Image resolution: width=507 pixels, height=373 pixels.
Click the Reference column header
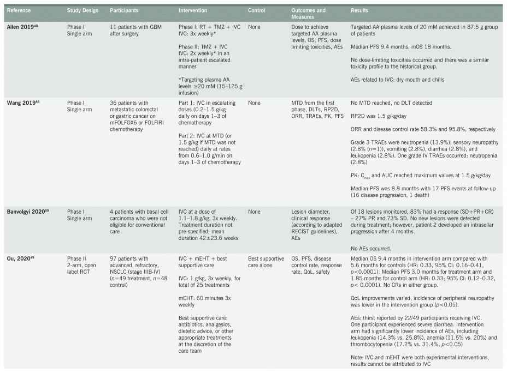point(19,10)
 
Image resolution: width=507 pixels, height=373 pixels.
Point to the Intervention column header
point(193,10)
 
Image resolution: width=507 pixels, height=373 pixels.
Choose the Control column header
point(257,10)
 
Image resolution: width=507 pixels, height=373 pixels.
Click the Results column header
point(360,10)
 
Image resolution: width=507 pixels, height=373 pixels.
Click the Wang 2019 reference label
point(20,101)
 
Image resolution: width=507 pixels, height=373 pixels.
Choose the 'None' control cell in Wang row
point(254,101)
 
